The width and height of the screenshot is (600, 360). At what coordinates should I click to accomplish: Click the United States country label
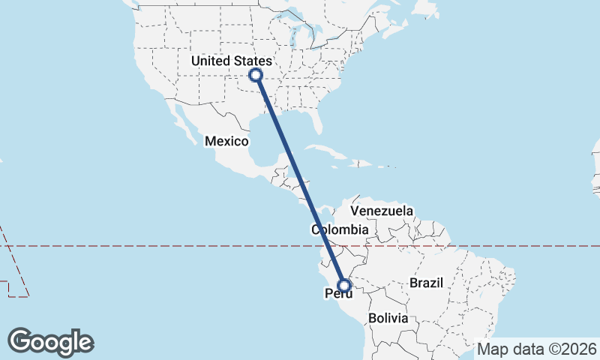tap(231, 61)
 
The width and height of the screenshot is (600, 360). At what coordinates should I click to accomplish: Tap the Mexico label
tap(226, 141)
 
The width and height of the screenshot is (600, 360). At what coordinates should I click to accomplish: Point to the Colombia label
tap(340, 230)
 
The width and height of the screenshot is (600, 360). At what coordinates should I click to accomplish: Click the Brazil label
tap(427, 283)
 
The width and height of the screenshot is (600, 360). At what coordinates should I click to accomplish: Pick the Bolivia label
tap(388, 318)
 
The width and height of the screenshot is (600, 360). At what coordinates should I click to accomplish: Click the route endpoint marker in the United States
tap(256, 74)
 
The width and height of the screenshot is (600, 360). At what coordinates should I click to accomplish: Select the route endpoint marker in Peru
tap(344, 285)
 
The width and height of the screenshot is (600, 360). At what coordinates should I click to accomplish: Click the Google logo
tap(51, 341)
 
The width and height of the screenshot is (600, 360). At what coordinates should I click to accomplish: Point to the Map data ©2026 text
tap(537, 349)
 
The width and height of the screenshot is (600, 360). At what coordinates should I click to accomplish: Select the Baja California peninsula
tap(180, 120)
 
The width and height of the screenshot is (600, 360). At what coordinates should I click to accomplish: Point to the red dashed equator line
tap(150, 245)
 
